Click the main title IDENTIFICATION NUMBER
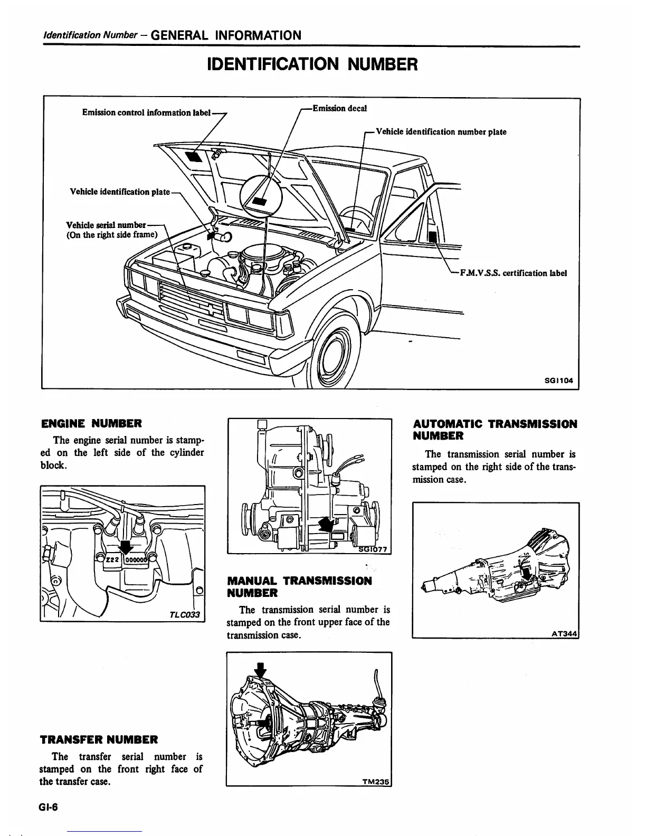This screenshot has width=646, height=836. pos(313,64)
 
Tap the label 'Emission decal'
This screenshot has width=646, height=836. pos(339,108)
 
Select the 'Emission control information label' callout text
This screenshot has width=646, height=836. pos(147,112)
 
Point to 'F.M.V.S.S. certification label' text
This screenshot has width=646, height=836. pos(513,273)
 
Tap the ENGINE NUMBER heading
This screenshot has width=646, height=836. pos(91,423)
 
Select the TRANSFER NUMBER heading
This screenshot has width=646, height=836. pos(99,739)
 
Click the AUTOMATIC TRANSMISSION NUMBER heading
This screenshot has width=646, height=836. pos(495,430)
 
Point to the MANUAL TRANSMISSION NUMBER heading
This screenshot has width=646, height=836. pos(299,586)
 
